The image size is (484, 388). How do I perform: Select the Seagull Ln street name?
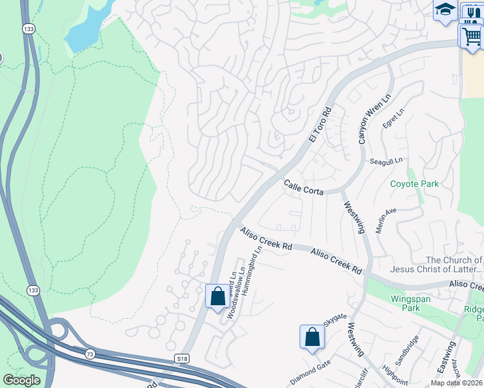(x=387, y=160)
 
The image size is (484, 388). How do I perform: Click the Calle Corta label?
(x=303, y=188)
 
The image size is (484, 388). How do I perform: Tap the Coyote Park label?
(x=414, y=184)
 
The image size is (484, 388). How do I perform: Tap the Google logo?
(x=21, y=380)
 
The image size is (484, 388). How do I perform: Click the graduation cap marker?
(x=445, y=11)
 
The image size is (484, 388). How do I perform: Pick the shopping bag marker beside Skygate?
(x=312, y=337)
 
